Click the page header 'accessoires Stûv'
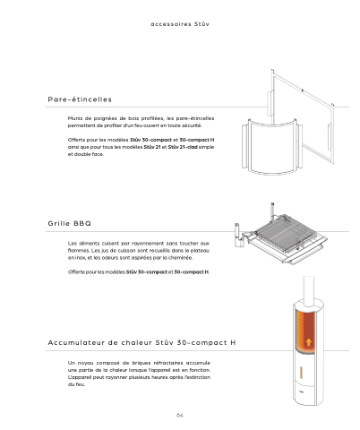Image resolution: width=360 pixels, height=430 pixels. pos(180,24)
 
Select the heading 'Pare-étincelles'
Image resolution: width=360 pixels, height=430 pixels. pos(80,99)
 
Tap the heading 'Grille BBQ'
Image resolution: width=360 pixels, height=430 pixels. pos(69,223)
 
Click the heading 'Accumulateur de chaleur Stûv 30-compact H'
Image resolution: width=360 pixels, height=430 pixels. pos(141,342)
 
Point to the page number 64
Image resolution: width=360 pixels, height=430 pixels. pos(179,416)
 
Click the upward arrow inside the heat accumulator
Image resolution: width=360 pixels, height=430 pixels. pos(309,342)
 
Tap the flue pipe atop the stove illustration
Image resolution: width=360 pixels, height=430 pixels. pos(309,290)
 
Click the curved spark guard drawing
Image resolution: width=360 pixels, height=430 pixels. pos(272,147)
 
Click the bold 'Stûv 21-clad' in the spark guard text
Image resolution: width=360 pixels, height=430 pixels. pos(183,147)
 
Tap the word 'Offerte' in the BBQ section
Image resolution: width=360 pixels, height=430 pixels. pos(76,272)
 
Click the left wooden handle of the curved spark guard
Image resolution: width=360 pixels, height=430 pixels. pos(244,146)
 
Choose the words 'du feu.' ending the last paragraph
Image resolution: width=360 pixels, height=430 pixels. pos(76,384)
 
